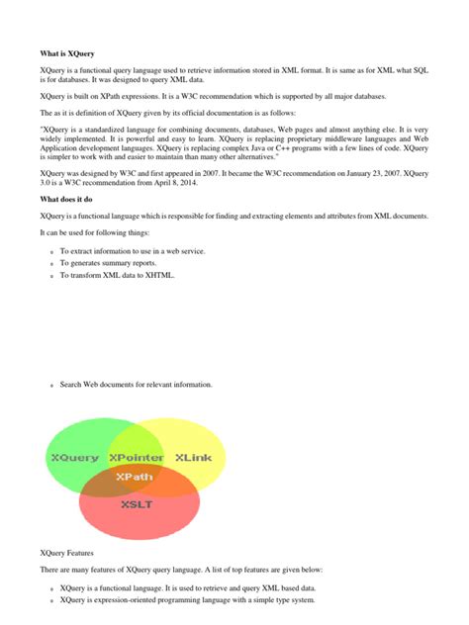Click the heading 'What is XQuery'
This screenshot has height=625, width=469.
coord(67,52)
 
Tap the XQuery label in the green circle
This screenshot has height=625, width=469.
coord(74,458)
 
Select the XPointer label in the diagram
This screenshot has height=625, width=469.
coord(137,458)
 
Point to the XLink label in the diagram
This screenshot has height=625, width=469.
coord(193,458)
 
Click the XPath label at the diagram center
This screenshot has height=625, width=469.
coord(135,476)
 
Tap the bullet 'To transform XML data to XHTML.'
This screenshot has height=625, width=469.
coord(117,276)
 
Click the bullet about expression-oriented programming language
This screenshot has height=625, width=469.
coord(187,599)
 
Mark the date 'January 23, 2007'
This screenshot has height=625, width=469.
coord(374,172)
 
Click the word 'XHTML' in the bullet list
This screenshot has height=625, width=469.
coord(157,276)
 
